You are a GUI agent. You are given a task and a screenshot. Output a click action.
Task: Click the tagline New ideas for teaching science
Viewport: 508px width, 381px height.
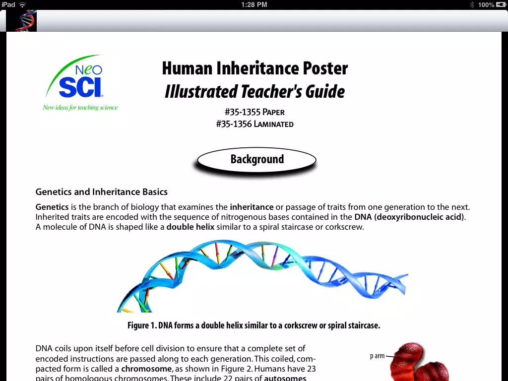(x=80, y=108)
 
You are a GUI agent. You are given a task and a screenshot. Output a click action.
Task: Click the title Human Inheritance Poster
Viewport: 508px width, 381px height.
(x=254, y=68)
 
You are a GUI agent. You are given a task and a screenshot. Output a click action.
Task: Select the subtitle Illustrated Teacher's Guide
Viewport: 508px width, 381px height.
(x=254, y=91)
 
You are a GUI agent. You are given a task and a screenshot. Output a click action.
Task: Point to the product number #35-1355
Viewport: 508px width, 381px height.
(x=243, y=112)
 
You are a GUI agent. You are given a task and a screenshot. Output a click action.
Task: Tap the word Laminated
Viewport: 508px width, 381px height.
(x=273, y=124)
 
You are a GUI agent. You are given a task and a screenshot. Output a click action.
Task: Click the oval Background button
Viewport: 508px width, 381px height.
(x=256, y=159)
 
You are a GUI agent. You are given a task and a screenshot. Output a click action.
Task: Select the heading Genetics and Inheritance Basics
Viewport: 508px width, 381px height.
(x=101, y=192)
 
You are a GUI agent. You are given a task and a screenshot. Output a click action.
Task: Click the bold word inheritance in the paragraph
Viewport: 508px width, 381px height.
(x=252, y=207)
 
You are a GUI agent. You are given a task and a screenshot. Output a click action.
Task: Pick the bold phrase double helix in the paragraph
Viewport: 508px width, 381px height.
(x=190, y=227)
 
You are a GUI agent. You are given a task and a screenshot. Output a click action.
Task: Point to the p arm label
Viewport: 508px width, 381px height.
(x=377, y=356)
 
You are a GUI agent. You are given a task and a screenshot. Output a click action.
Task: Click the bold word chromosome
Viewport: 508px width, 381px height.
(x=146, y=369)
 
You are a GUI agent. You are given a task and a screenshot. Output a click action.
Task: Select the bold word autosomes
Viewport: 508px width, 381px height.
(x=285, y=378)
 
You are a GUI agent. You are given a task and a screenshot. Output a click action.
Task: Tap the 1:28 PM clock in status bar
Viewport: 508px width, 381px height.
(x=254, y=4)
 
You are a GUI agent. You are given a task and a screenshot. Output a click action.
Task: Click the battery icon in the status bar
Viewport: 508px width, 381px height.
(x=501, y=4)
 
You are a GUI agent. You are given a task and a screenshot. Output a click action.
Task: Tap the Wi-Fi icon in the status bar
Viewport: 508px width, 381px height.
(x=22, y=4)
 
